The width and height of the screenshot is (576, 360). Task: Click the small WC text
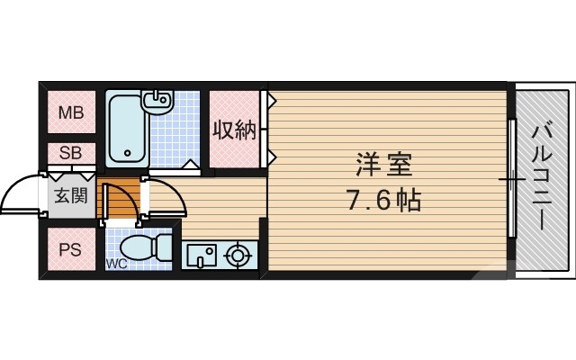pyautogui.click(x=116, y=264)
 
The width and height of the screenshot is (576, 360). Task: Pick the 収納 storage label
pyautogui.click(x=234, y=130)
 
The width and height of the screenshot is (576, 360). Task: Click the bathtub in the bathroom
pyautogui.click(x=128, y=129)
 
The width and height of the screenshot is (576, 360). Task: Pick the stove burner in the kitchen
pyautogui.click(x=238, y=256)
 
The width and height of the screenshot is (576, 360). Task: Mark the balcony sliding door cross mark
pyautogui.click(x=511, y=181)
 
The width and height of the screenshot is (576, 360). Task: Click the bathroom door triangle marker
pyautogui.click(x=189, y=164)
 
